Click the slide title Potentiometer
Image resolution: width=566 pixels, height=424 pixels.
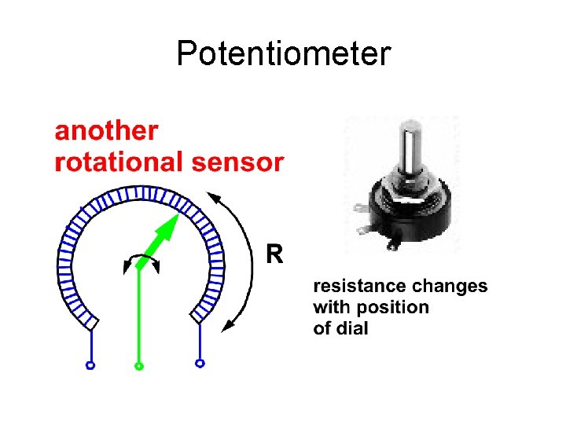[x=283, y=54]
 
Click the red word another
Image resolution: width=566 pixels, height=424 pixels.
[x=106, y=131]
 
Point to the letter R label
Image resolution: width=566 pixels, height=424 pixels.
[x=274, y=254]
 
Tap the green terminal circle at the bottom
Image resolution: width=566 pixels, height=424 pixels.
[x=139, y=366]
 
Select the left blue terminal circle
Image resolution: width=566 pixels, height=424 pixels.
[x=90, y=365]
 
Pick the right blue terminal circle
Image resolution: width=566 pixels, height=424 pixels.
[x=200, y=364]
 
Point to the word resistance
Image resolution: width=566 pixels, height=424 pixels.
[x=352, y=287]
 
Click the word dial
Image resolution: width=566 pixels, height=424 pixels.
[x=352, y=327]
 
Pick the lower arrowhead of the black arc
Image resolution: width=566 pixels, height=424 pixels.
[x=229, y=324]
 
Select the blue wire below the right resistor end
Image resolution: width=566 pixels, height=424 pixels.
[x=200, y=343]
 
